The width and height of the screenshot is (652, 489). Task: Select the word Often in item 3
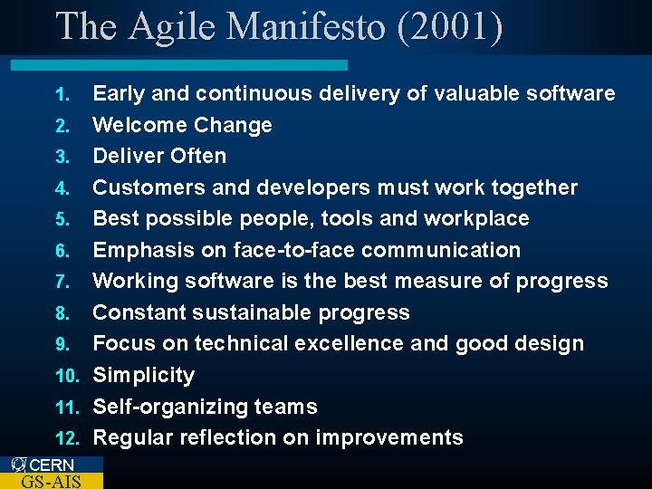tap(198, 156)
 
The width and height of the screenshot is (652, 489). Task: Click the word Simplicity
tap(144, 375)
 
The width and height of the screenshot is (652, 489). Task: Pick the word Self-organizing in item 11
tap(169, 407)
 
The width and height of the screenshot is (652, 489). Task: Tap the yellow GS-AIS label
tap(51, 481)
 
